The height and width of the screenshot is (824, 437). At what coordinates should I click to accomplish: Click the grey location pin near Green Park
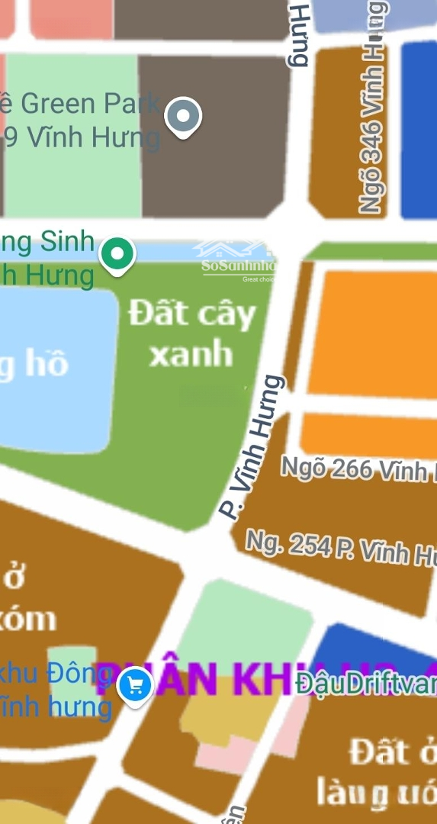click(x=183, y=117)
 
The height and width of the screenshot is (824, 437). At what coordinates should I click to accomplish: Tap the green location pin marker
click(x=117, y=254)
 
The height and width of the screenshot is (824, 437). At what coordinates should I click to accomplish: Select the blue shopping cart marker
click(x=136, y=686)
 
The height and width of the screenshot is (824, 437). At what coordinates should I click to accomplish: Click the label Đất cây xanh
click(x=191, y=333)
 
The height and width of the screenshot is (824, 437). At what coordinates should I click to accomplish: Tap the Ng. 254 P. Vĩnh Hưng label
click(x=340, y=549)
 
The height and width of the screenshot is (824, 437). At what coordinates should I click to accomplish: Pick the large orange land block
click(x=374, y=332)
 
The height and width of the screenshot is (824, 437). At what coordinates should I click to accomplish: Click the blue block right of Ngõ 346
click(x=419, y=130)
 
